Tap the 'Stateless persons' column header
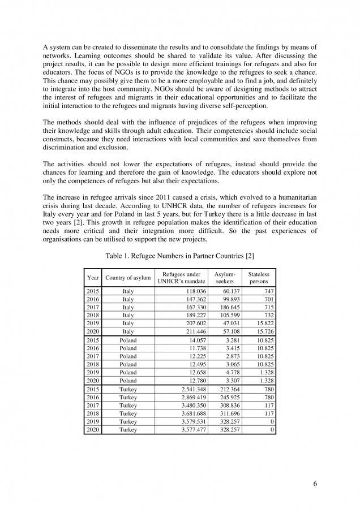tap(258, 277)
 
